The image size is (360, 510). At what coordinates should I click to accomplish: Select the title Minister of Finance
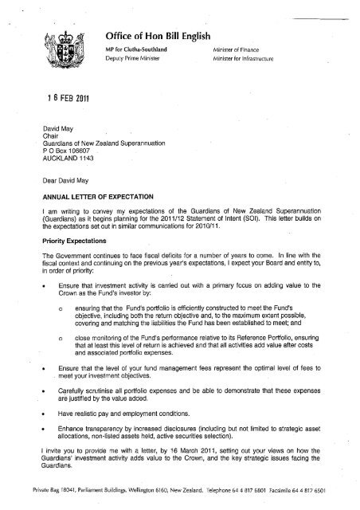pyautogui.click(x=238, y=49)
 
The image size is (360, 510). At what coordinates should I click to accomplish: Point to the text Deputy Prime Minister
pyautogui.click(x=136, y=60)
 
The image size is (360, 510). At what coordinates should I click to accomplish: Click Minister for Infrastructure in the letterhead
pyautogui.click(x=247, y=60)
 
